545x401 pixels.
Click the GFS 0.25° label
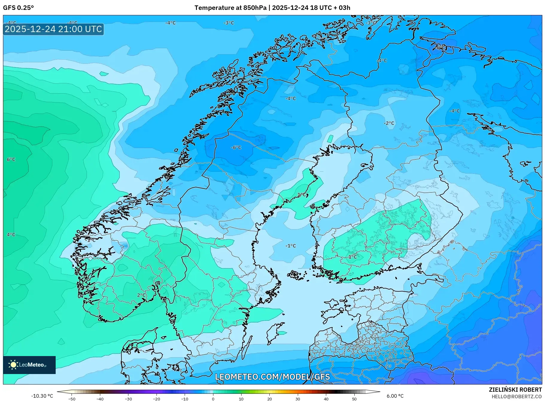18,8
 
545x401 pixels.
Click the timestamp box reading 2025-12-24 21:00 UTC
53,29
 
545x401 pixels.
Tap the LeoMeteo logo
29,365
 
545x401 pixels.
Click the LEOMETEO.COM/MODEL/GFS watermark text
272,377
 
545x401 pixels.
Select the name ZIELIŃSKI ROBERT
515,390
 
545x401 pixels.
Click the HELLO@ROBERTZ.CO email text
517,397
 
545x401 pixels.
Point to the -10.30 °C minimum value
42,396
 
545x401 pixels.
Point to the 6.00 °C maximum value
395,396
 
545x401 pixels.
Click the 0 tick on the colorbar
213,399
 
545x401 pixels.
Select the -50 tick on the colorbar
72,399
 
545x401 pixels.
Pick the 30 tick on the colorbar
298,399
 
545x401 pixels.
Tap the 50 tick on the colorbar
354,399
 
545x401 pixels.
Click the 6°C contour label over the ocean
11,159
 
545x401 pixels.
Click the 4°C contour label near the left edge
11,235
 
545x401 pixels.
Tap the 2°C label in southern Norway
142,295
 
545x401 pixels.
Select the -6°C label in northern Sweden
236,147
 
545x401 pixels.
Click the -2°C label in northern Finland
389,123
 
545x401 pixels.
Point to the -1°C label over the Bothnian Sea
290,246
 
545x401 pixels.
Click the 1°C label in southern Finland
353,257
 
